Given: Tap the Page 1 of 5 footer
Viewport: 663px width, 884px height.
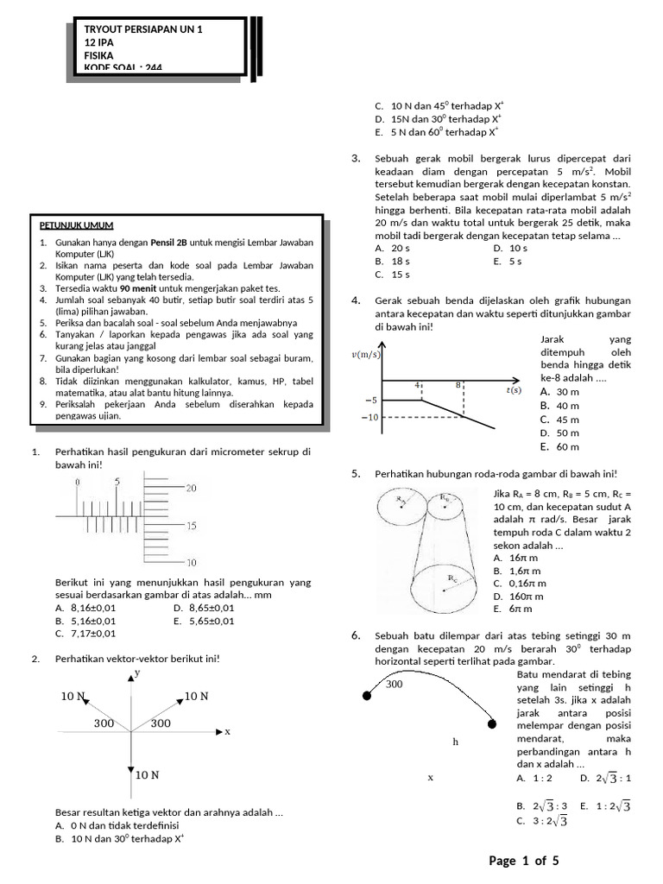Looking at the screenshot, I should point(524,860).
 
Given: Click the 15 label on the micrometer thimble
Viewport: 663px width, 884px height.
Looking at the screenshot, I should point(192,525).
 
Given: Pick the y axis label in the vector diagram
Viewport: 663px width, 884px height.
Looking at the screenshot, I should point(137,672).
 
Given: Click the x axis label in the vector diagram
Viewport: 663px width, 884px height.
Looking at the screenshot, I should point(228,731).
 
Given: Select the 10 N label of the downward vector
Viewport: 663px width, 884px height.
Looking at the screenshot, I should point(146,774).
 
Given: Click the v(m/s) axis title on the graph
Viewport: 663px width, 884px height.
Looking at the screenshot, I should point(366,354).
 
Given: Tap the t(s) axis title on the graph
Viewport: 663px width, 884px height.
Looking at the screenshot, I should point(514,389).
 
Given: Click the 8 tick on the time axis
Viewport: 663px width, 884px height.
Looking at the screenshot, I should point(458,385).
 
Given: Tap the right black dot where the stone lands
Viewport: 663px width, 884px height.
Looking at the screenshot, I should point(493,723).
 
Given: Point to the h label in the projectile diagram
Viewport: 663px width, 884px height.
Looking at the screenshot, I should point(454,742).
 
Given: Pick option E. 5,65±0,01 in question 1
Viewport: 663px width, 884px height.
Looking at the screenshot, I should point(203,620).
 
